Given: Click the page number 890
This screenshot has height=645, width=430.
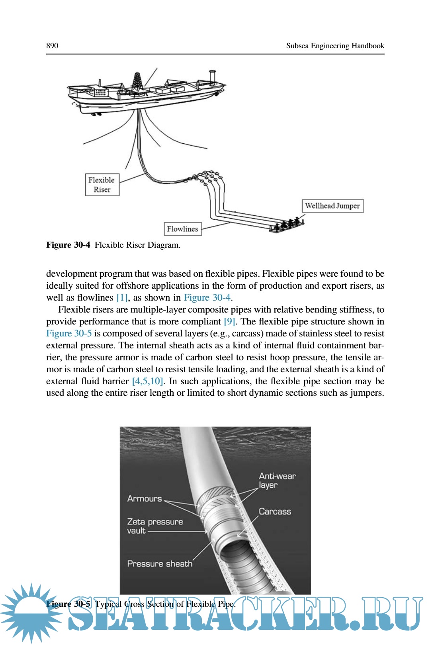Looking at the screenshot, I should [52, 45].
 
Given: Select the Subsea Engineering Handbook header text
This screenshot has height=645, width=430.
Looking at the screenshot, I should [335, 45].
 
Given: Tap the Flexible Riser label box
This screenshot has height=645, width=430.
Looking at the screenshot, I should [102, 184].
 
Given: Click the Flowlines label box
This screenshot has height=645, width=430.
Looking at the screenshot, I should [183, 229].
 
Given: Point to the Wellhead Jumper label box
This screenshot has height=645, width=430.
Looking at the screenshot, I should [332, 206].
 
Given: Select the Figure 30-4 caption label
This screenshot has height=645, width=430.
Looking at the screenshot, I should [68, 244].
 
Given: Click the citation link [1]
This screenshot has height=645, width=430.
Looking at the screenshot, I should [122, 297].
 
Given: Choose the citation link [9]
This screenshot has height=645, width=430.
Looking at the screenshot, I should [229, 321].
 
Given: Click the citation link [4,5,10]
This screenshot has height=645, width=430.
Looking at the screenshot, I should [147, 381].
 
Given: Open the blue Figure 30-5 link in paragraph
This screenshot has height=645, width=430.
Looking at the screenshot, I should [69, 333].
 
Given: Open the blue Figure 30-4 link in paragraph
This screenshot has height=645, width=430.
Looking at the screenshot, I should [207, 297].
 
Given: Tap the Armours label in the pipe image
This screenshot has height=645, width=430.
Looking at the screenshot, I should [145, 498].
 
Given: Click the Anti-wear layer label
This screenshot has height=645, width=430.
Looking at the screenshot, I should [277, 480].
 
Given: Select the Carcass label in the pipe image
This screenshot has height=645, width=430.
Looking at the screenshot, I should [275, 511].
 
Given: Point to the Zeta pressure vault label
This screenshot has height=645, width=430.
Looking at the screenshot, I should [154, 526].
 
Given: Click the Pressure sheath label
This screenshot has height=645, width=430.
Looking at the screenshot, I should [160, 563].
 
